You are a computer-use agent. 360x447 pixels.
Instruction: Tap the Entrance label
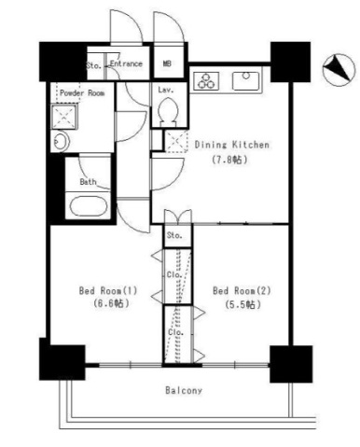tap(126, 63)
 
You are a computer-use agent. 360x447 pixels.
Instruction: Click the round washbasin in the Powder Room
tap(61, 142)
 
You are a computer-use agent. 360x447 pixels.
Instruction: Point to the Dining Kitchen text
tap(232, 145)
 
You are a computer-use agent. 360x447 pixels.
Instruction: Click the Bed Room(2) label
tap(240, 289)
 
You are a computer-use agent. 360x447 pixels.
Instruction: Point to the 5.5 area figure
tap(240, 304)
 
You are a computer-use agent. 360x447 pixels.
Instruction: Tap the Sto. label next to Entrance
tap(93, 65)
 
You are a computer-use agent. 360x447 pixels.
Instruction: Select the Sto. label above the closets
tap(174, 236)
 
